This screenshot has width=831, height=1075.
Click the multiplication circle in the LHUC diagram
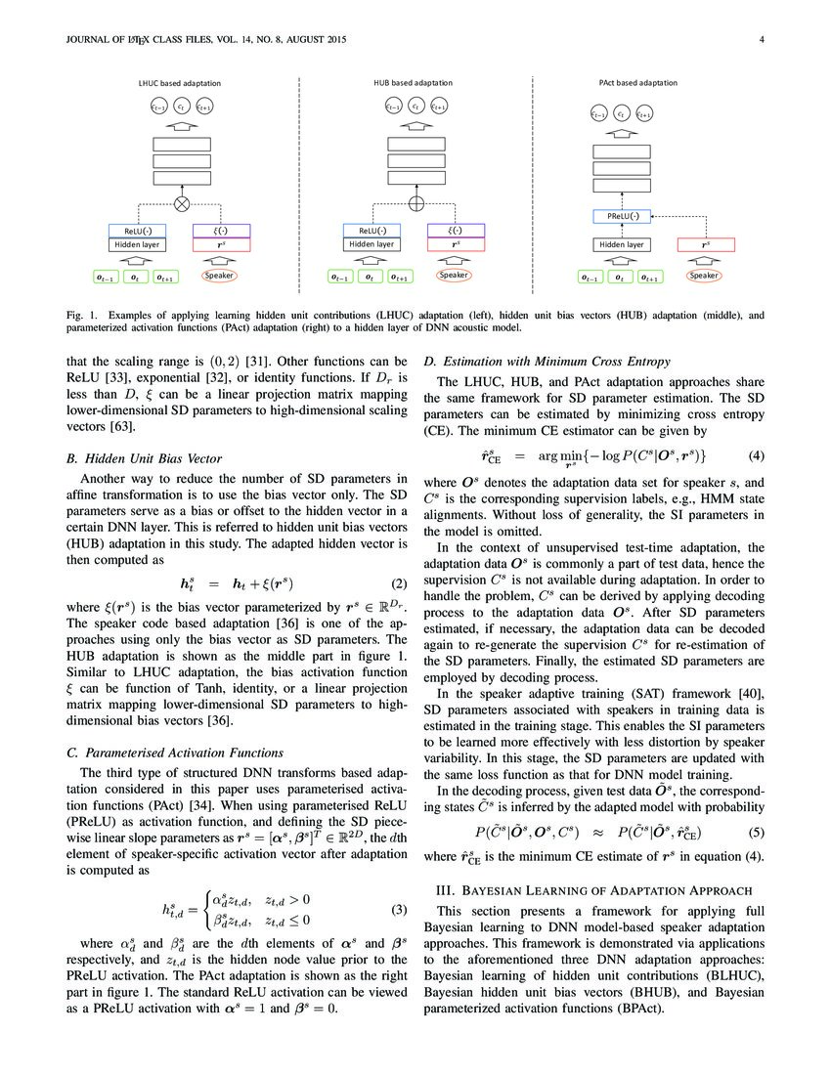[182, 204]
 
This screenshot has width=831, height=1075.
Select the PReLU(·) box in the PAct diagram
[621, 216]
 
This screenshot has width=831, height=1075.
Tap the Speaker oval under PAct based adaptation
[703, 277]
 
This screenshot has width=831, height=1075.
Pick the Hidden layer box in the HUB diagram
[372, 244]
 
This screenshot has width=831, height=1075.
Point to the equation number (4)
[755, 456]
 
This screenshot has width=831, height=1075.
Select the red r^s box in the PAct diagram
[706, 244]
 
